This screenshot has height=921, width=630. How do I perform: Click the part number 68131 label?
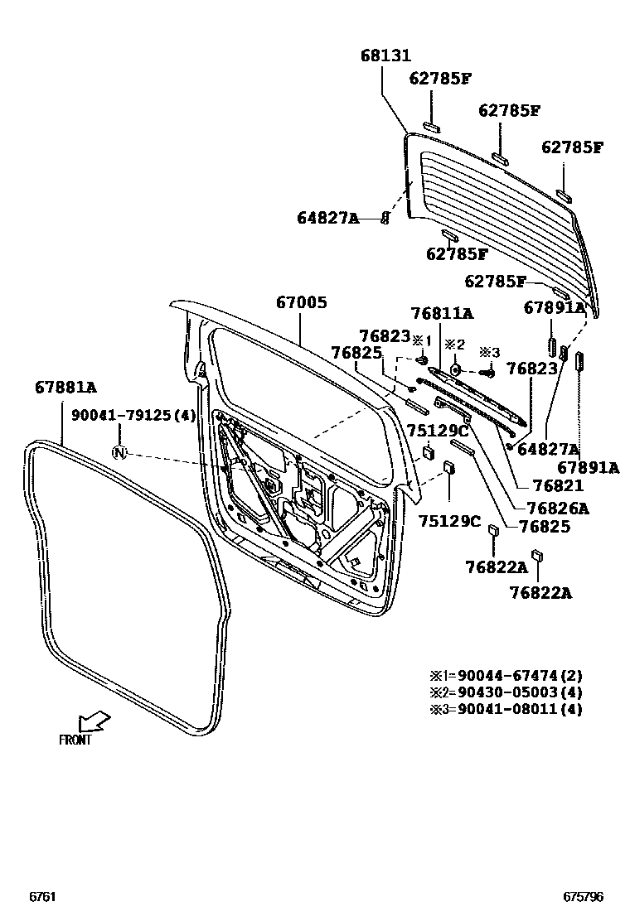coord(385,55)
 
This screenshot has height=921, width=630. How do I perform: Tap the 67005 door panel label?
coord(302,302)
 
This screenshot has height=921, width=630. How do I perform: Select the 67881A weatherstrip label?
coord(65,387)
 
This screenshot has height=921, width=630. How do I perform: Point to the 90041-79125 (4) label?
coord(133,415)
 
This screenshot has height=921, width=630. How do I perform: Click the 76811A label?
coord(442,313)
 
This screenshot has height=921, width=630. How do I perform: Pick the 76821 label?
coord(558,485)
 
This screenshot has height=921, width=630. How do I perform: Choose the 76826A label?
coord(557,508)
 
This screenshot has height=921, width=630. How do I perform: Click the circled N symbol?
coord(119,452)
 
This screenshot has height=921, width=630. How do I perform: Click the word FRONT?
coord(75,740)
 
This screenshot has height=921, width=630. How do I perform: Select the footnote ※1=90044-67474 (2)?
coord(506,676)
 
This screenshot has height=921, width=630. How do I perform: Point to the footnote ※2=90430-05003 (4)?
coord(506,692)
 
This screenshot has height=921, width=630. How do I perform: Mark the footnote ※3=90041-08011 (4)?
coord(506,709)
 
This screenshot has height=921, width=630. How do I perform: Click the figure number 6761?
coord(42,896)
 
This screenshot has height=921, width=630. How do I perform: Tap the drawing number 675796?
coord(583,896)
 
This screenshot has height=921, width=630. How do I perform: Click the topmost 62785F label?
coord(440,78)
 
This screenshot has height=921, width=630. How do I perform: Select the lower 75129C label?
coord(449,521)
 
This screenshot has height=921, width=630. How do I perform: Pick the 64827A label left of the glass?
coord(327,218)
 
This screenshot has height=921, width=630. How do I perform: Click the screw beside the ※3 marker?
coord(487,372)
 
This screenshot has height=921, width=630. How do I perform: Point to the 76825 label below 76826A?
coord(545,526)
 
